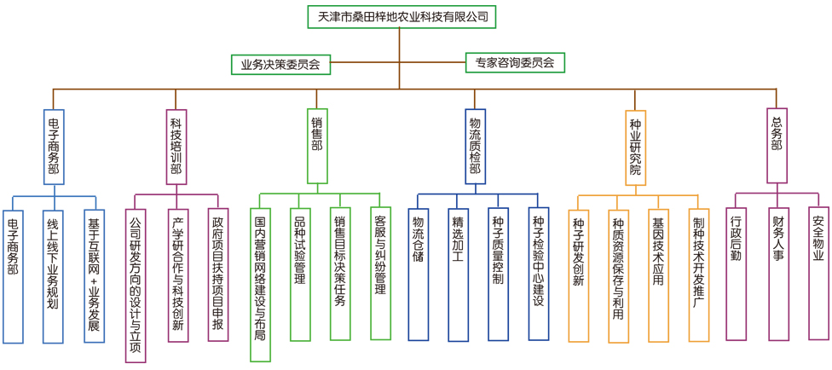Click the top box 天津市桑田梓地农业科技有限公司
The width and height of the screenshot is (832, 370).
(x=400, y=17)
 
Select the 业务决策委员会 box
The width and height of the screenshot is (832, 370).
(x=280, y=64)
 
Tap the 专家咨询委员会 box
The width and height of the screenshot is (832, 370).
(x=515, y=62)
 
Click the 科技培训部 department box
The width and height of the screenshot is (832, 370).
(x=176, y=146)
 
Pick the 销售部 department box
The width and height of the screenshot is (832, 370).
(x=317, y=146)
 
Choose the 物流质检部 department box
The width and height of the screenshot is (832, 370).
(x=475, y=146)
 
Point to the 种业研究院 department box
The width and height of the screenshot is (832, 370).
(x=635, y=147)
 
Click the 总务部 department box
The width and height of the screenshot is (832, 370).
(x=776, y=144)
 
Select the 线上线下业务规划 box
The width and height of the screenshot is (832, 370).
(x=53, y=276)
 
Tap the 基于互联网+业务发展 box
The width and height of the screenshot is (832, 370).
(x=94, y=276)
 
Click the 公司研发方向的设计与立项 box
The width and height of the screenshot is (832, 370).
(x=136, y=285)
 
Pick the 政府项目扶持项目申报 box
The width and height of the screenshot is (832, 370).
(x=218, y=275)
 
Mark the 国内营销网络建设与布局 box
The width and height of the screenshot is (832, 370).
(x=261, y=283)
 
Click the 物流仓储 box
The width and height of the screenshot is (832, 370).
(x=418, y=273)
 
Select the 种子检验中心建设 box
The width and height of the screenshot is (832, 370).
(x=538, y=273)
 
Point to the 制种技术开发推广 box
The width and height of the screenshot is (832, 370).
(x=699, y=275)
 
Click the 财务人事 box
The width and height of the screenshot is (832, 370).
(x=778, y=273)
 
